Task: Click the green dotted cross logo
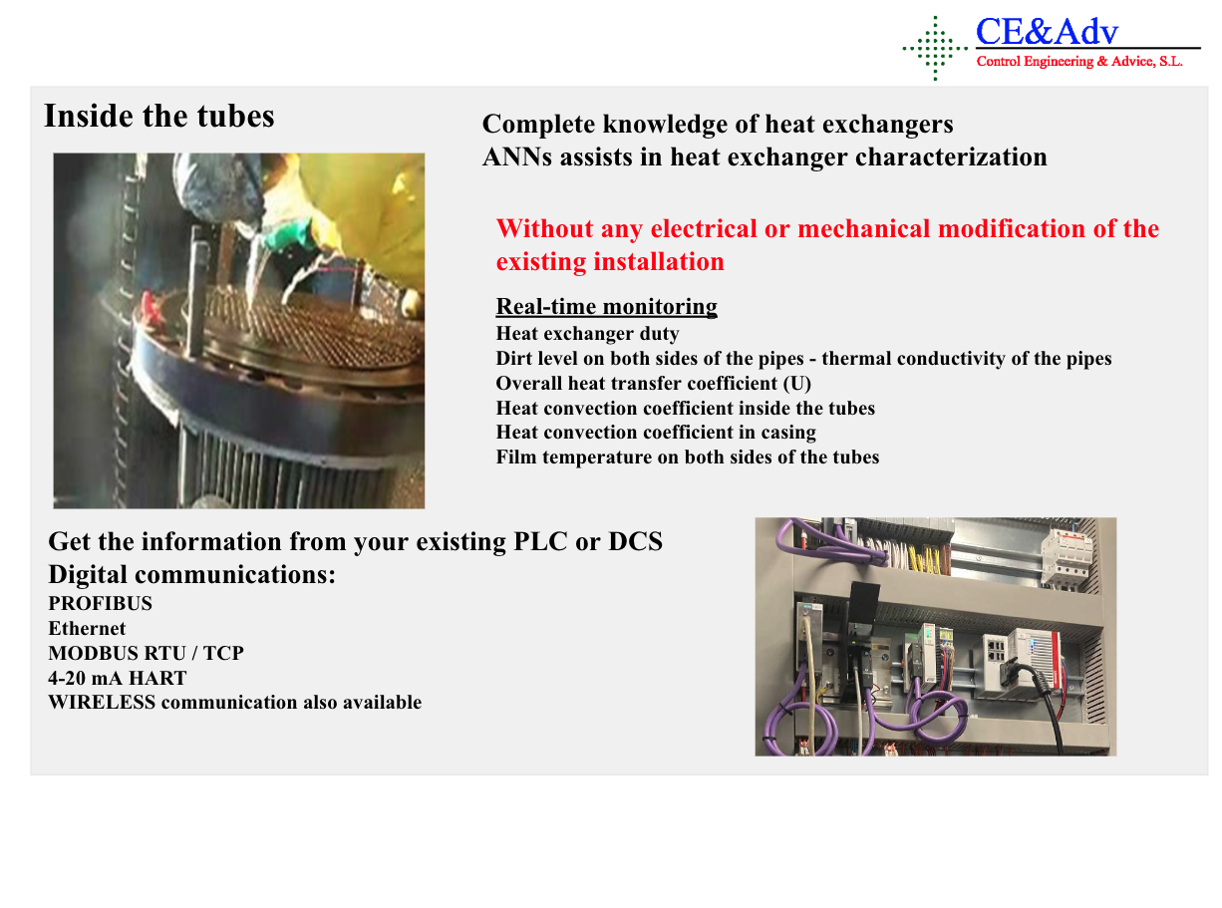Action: click(x=934, y=49)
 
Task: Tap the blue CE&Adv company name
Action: click(x=1047, y=32)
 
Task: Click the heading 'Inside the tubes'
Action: click(x=159, y=116)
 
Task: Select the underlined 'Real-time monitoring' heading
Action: click(x=606, y=306)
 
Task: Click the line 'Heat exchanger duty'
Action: click(x=587, y=333)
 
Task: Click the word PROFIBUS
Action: click(x=101, y=603)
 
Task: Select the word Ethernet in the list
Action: click(x=87, y=628)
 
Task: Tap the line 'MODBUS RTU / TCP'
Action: click(x=146, y=653)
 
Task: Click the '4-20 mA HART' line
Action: click(x=118, y=678)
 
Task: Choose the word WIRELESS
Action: click(x=102, y=702)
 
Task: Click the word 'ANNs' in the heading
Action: click(x=517, y=157)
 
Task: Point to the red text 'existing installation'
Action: click(x=610, y=262)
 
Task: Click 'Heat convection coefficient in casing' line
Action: click(x=656, y=432)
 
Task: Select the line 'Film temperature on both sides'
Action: click(x=687, y=456)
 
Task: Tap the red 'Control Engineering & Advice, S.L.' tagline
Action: click(x=1079, y=61)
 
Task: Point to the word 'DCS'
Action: click(x=635, y=541)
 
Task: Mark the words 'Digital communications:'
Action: click(x=191, y=575)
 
